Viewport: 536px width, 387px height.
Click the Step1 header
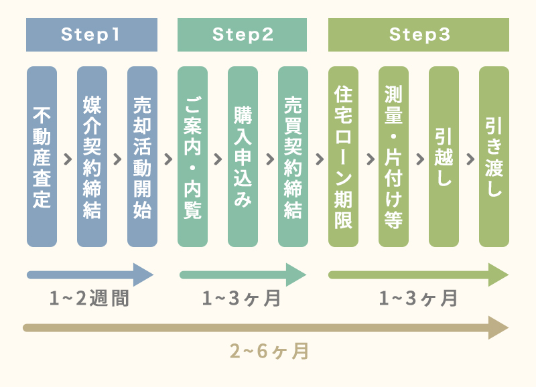coord(92,35)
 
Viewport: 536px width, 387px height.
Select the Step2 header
coord(243,35)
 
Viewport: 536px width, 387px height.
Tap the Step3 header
coord(419,35)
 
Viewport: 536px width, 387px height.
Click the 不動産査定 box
coord(42,157)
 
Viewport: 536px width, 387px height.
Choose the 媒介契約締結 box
coord(92,157)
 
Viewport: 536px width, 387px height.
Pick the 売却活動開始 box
coord(142,157)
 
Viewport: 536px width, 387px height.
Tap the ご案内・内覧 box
coord(192,157)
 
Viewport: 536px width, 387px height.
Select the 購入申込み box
coord(243,157)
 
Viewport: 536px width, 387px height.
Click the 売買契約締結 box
coord(293,157)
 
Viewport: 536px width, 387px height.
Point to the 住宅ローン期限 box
coord(343,157)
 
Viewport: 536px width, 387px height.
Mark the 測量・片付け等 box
coord(393,157)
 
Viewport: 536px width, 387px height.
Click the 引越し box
coord(444,157)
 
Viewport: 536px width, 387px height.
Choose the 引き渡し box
coord(494,157)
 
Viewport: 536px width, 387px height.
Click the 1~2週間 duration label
coord(90,299)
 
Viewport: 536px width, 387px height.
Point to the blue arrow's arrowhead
coord(143,275)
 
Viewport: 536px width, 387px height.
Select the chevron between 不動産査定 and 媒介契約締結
coord(67,159)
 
